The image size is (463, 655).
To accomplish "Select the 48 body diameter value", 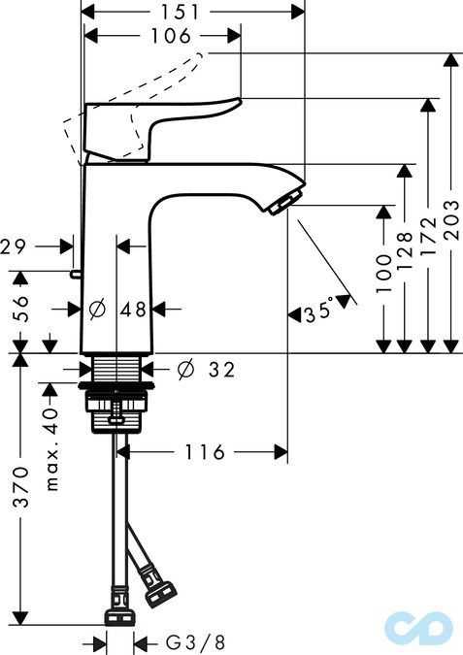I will [x=133, y=310].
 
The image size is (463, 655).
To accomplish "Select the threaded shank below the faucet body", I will [x=116, y=369].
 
